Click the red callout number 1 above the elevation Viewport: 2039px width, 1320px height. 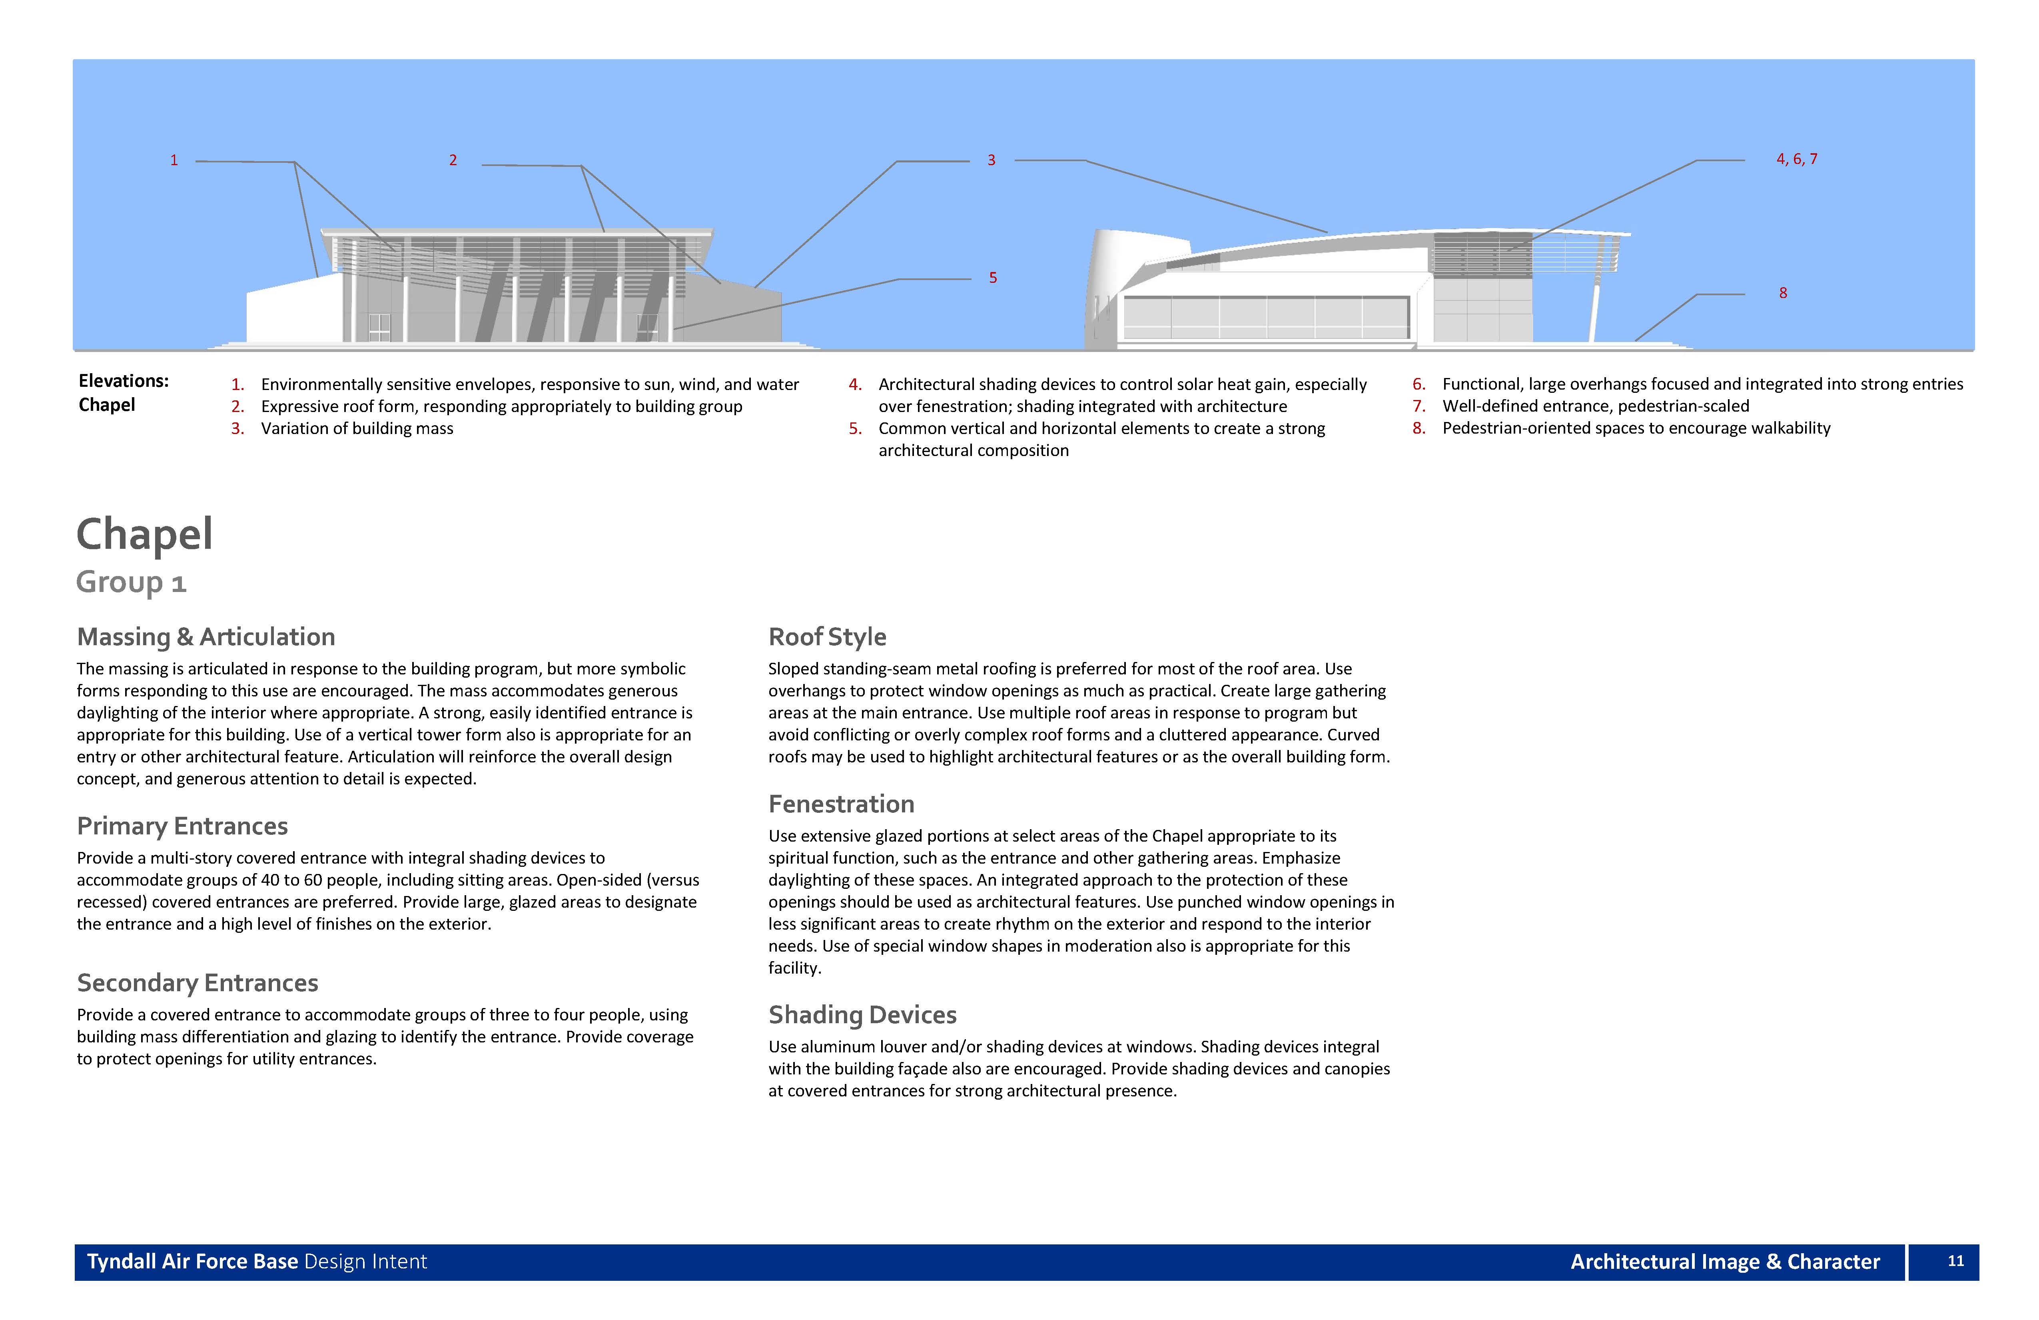tap(174, 160)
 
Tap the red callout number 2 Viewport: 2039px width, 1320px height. tap(453, 160)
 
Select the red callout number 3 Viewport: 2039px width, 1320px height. tap(991, 160)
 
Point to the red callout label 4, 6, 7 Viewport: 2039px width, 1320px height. tap(1797, 160)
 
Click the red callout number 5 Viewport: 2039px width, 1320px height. tap(993, 278)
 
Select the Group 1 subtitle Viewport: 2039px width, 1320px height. tap(131, 582)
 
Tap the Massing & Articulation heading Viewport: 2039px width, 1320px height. tap(205, 637)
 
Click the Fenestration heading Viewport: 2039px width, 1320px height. tap(841, 804)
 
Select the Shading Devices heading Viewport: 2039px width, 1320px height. tap(862, 1015)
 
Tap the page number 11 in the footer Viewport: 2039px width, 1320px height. tap(1956, 1261)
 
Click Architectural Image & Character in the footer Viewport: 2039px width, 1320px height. tap(1725, 1262)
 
